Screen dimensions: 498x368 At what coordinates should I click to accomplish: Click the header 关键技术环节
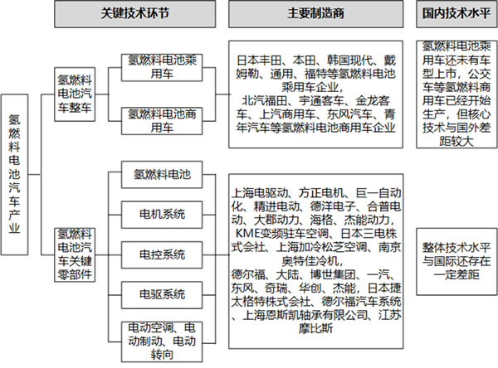coord(135,13)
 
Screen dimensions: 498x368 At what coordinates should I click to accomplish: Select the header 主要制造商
coord(316,13)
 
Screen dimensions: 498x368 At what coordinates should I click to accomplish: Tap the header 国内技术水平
coord(456,13)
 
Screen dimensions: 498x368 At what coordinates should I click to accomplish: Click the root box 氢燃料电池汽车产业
coord(14,175)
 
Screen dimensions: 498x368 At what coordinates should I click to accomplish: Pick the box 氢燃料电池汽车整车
coord(75,94)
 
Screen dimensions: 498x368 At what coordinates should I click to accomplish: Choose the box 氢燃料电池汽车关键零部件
coord(75,254)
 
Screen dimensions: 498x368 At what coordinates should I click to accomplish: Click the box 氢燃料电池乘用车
coord(162,67)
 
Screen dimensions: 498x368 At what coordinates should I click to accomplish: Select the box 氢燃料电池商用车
coord(162,121)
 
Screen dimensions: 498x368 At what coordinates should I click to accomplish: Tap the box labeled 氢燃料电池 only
coord(162,175)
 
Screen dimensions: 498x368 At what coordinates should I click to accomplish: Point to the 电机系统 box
coord(162,215)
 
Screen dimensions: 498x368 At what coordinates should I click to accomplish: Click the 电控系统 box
coord(162,254)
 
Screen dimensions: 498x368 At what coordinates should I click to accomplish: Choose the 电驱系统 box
coord(162,295)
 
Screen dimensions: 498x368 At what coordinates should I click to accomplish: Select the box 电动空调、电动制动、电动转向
coord(162,341)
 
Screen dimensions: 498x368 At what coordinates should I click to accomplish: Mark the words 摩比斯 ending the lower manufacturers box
coord(315,328)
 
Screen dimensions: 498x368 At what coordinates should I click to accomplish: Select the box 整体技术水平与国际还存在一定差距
coord(456,261)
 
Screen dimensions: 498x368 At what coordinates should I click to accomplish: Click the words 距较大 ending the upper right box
coord(456,142)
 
